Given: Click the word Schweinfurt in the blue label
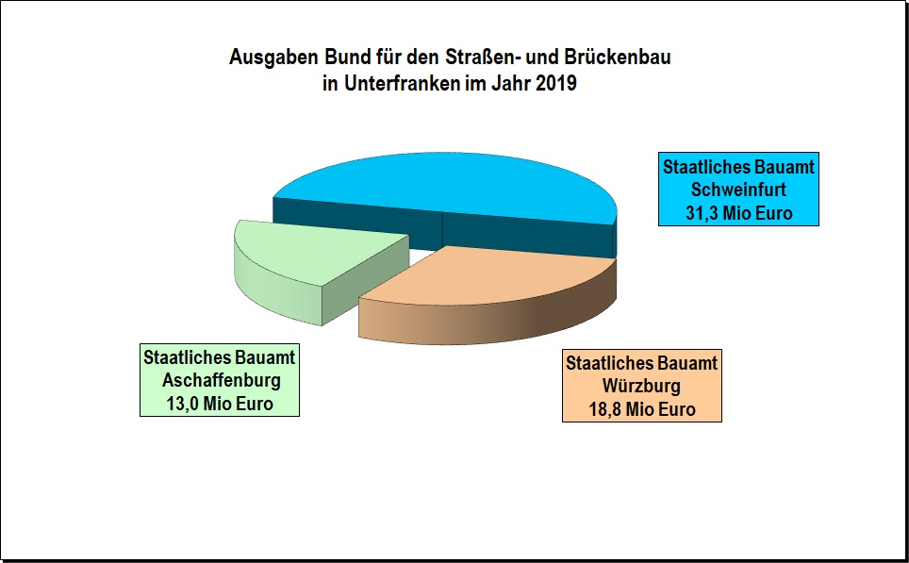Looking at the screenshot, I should pyautogui.click(x=738, y=190).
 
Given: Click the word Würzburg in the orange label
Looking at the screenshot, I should pyautogui.click(x=641, y=387).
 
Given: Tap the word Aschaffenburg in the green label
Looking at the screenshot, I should pyautogui.click(x=222, y=381).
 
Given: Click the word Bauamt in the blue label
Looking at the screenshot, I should pyautogui.click(x=783, y=167).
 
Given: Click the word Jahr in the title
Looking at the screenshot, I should pyautogui.click(x=511, y=83).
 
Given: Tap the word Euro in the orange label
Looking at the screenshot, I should pyautogui.click(x=677, y=410).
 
